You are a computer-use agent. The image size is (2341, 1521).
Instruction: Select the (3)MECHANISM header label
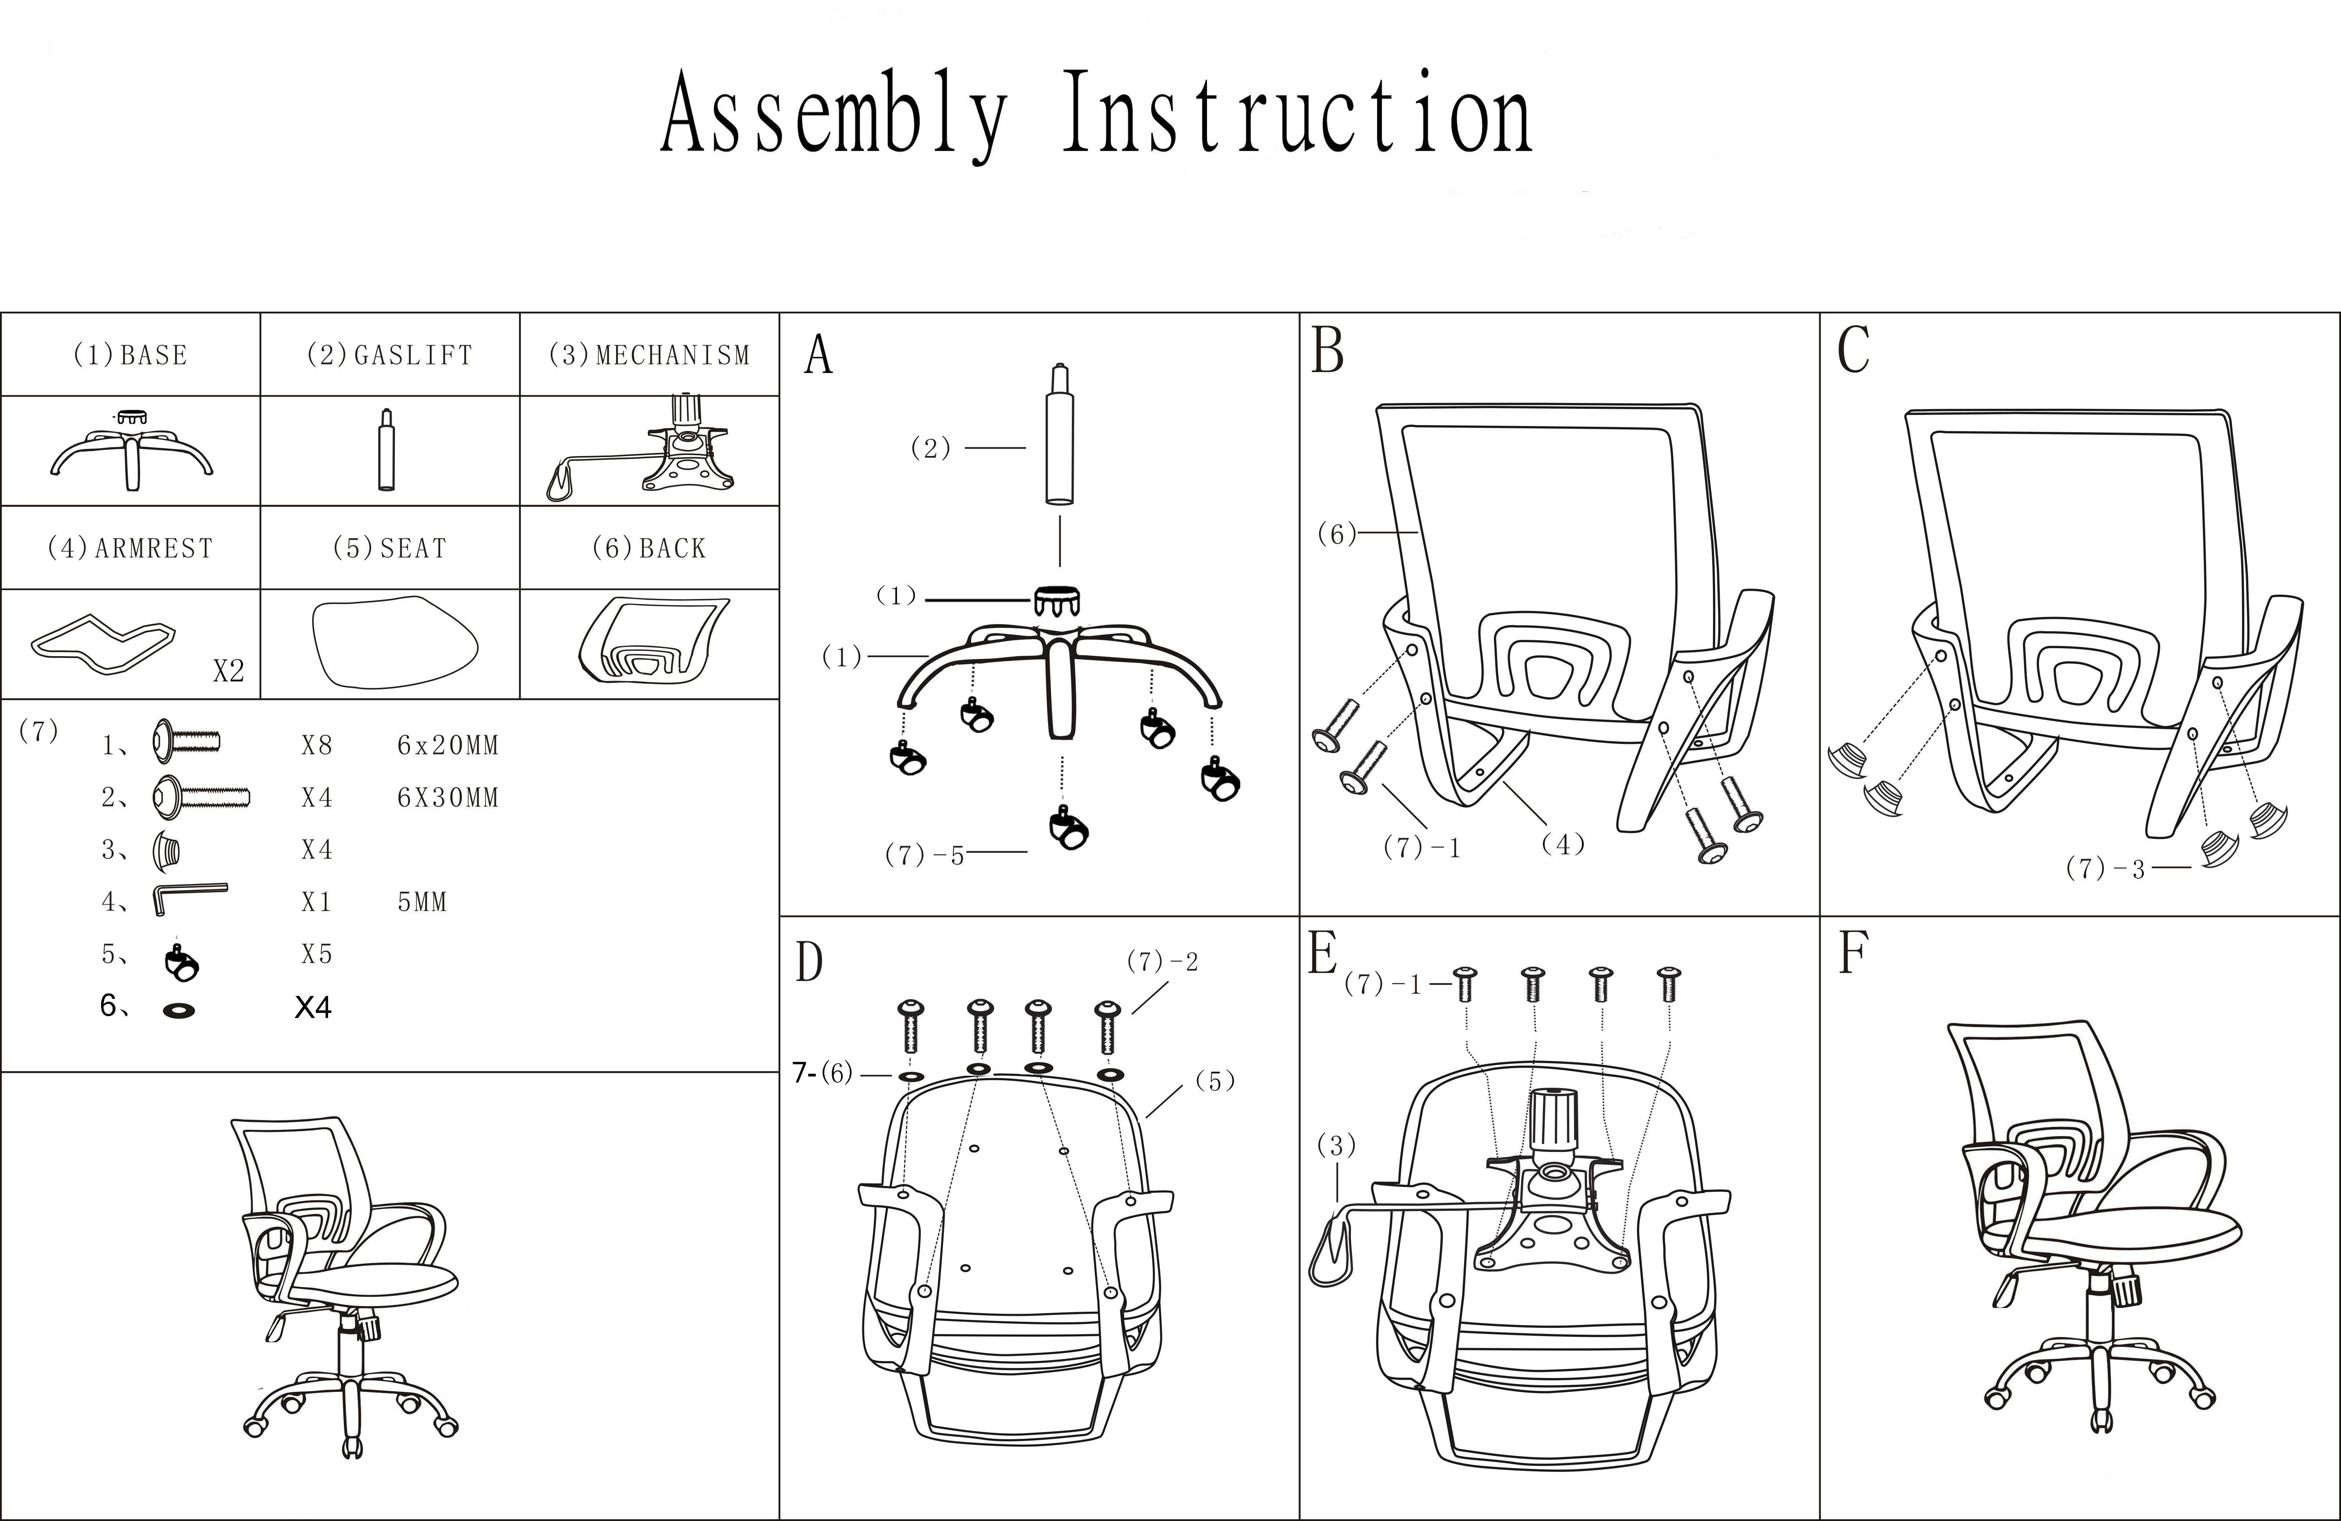click(649, 355)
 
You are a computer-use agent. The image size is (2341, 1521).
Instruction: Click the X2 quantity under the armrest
click(228, 671)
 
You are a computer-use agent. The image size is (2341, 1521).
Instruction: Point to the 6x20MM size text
click(448, 746)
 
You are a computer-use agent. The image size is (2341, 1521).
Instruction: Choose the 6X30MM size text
click(448, 798)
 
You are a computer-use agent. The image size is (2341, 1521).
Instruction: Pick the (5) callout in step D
click(1215, 1081)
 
